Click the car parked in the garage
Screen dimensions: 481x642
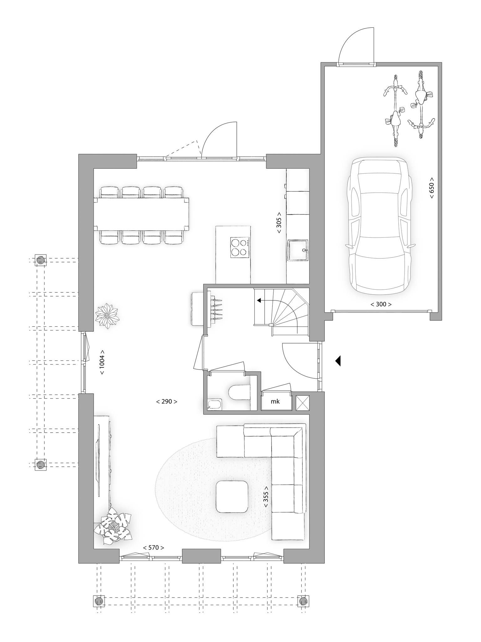point(380,226)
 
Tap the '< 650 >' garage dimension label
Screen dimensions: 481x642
point(432,187)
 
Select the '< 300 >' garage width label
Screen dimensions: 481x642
point(381,304)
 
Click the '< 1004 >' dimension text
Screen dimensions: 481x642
point(102,362)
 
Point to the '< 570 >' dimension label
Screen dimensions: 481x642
point(153,548)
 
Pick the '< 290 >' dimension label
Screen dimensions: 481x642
point(167,402)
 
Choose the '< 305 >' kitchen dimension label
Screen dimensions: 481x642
point(279,223)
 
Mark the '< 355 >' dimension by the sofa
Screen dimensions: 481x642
point(266,497)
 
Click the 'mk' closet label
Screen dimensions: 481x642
point(276,402)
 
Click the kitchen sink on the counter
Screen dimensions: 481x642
point(298,250)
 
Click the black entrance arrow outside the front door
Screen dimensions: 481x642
point(338,361)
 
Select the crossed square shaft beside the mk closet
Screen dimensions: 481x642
point(303,403)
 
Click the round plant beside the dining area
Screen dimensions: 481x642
point(107,316)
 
